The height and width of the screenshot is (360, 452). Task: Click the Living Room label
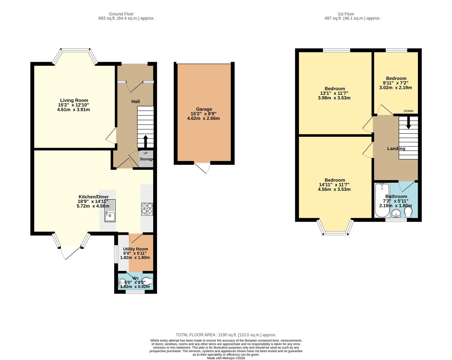point(74,100)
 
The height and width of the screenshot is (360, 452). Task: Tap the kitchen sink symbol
point(110,211)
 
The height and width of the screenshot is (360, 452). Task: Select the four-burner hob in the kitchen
point(147,209)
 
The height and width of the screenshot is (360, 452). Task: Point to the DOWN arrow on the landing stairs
point(408,124)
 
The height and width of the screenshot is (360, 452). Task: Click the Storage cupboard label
point(147,159)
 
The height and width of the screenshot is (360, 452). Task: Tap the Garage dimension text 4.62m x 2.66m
point(203,118)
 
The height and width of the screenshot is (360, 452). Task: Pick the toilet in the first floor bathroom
point(408,213)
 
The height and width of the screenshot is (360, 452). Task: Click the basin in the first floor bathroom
point(396,214)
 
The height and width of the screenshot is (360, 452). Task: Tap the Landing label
point(396,149)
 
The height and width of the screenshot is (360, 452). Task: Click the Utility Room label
point(135,249)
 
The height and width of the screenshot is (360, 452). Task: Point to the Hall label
point(135,101)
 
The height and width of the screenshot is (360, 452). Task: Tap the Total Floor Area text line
point(226,335)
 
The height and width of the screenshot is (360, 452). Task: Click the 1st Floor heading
point(346,14)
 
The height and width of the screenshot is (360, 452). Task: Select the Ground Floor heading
point(121,14)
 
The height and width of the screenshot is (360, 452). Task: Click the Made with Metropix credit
point(226,358)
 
